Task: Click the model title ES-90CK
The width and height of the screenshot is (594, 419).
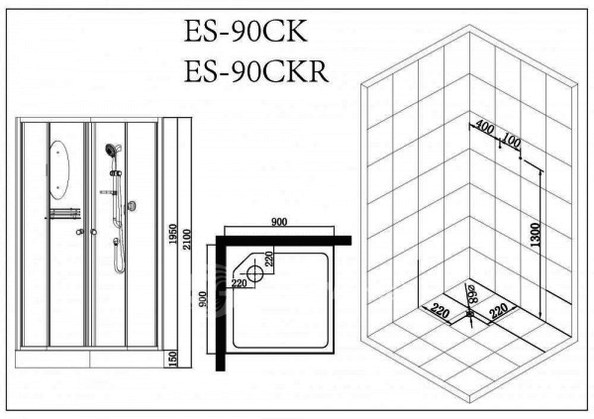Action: (x=246, y=31)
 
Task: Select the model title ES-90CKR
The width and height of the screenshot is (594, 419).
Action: (x=256, y=71)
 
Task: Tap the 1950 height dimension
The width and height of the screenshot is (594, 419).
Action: (x=172, y=234)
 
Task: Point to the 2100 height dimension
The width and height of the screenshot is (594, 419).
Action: (x=187, y=240)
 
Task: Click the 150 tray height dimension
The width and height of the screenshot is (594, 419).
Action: (x=172, y=360)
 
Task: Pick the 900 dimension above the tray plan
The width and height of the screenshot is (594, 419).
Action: (x=279, y=222)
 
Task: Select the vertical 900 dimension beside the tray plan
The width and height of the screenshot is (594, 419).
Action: (x=203, y=299)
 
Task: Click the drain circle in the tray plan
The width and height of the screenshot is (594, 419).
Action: (x=254, y=273)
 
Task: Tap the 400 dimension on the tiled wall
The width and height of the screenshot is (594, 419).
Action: (x=485, y=127)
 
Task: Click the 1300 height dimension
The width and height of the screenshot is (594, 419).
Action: (x=535, y=235)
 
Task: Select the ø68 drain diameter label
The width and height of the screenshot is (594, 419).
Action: (x=473, y=293)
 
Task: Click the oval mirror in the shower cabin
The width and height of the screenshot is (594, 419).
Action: (x=59, y=169)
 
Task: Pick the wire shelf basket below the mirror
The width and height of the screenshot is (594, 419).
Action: (x=64, y=214)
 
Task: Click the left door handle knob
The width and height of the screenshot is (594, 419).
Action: (x=79, y=232)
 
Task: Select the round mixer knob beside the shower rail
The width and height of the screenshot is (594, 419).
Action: (x=132, y=206)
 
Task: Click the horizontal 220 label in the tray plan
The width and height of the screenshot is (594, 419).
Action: (x=239, y=283)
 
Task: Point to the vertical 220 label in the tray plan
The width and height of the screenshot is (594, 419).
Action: (x=268, y=259)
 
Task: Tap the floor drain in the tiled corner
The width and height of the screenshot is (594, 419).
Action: (x=469, y=314)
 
